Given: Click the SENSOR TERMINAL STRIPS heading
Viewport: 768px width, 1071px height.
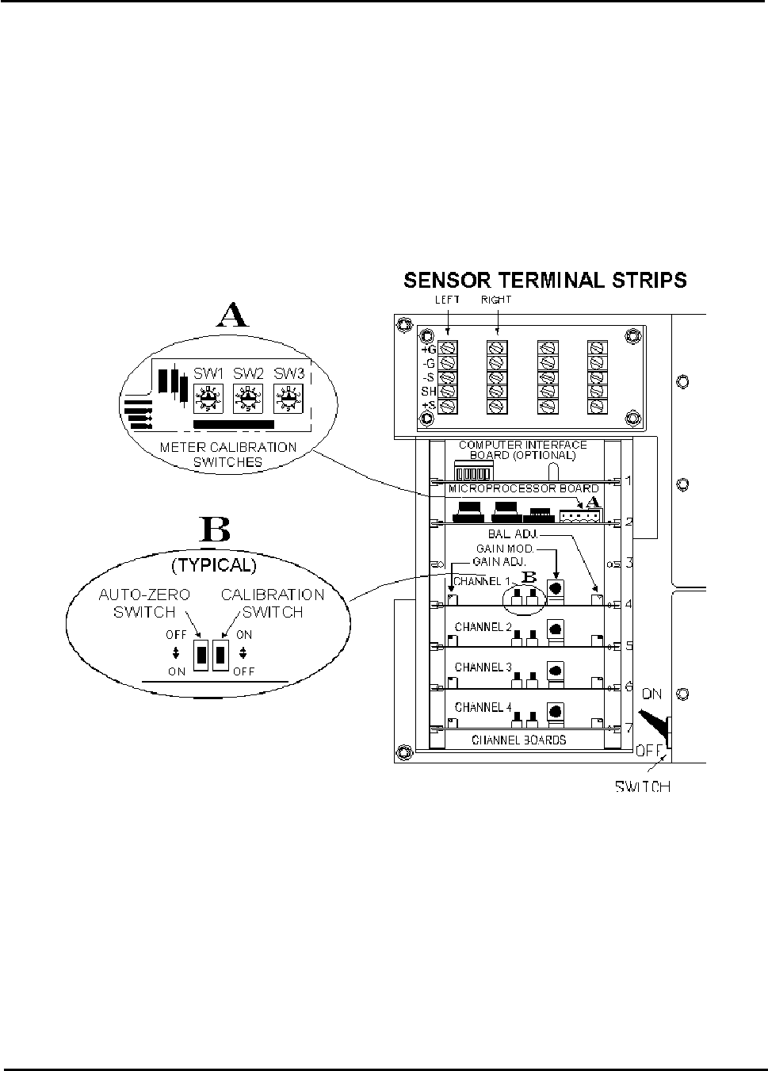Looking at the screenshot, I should pyautogui.click(x=545, y=280).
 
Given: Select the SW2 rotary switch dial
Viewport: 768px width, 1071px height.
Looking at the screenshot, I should pyautogui.click(x=248, y=398).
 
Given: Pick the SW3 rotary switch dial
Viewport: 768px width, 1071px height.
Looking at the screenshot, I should pyautogui.click(x=287, y=398).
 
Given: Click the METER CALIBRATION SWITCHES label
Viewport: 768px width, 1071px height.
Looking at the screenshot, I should pyautogui.click(x=228, y=454).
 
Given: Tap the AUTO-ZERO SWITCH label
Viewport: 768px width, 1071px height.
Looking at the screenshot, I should pyautogui.click(x=144, y=602).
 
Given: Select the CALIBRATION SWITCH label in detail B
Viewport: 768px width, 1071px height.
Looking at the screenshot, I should pyautogui.click(x=272, y=602).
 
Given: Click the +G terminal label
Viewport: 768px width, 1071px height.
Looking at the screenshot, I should pyautogui.click(x=428, y=349).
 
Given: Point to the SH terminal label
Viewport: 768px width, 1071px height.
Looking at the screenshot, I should pyautogui.click(x=428, y=392).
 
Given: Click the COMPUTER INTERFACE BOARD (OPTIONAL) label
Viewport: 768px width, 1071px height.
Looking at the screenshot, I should pyautogui.click(x=522, y=450).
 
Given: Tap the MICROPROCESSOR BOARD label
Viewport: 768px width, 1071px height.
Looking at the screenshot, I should pyautogui.click(x=523, y=488).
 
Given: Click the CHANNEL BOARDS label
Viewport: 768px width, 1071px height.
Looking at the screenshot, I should pyautogui.click(x=518, y=740).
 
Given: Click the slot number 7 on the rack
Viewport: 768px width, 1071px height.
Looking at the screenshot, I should pyautogui.click(x=628, y=728).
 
